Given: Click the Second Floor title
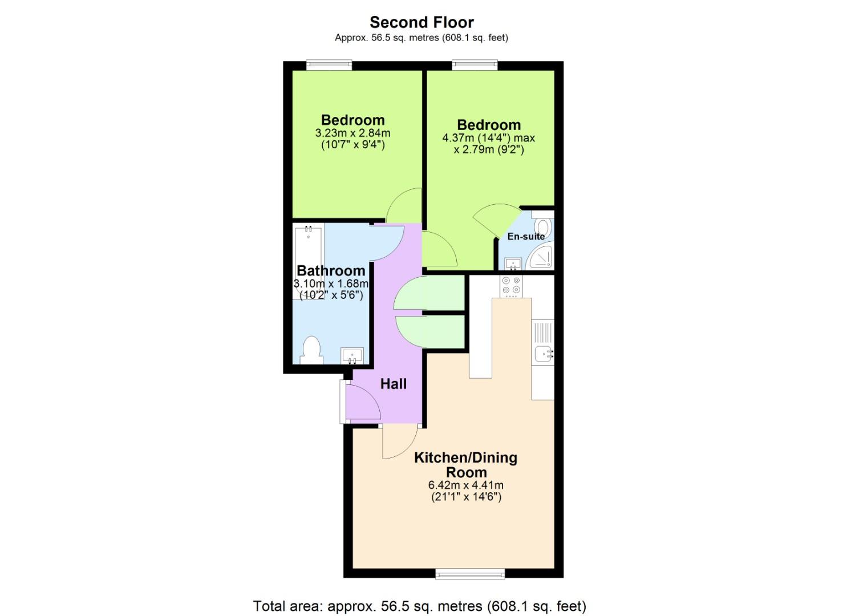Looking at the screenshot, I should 422,22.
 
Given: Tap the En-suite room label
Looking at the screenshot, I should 526,236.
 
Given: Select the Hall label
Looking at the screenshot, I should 394,384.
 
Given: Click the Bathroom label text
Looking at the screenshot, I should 331,270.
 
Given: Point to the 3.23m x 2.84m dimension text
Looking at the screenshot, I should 352,133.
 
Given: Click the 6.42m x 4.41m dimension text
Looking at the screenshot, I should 465,485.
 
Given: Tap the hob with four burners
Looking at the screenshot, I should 512,285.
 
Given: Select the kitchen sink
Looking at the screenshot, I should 542,354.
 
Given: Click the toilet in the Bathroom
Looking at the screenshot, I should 311,350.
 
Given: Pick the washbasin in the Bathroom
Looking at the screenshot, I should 352,356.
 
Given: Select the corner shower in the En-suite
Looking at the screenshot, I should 541,258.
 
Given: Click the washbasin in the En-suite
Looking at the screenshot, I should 513,264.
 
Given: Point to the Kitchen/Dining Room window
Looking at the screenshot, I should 470,573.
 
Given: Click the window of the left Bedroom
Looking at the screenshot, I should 329,65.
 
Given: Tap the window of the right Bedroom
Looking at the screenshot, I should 475,65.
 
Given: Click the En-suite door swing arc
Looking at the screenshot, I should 494,220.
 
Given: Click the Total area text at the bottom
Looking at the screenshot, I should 419,606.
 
